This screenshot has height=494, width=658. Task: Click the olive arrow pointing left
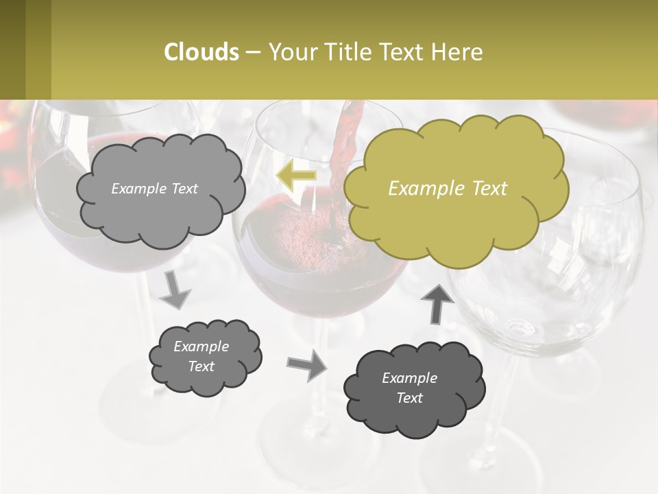tap(295, 176)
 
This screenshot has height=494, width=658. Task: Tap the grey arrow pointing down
tap(175, 289)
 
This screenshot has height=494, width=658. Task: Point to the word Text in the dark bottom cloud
tap(409, 398)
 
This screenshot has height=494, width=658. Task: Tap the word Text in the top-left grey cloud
tap(183, 189)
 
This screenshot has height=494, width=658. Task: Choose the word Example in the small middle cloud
tap(201, 346)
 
